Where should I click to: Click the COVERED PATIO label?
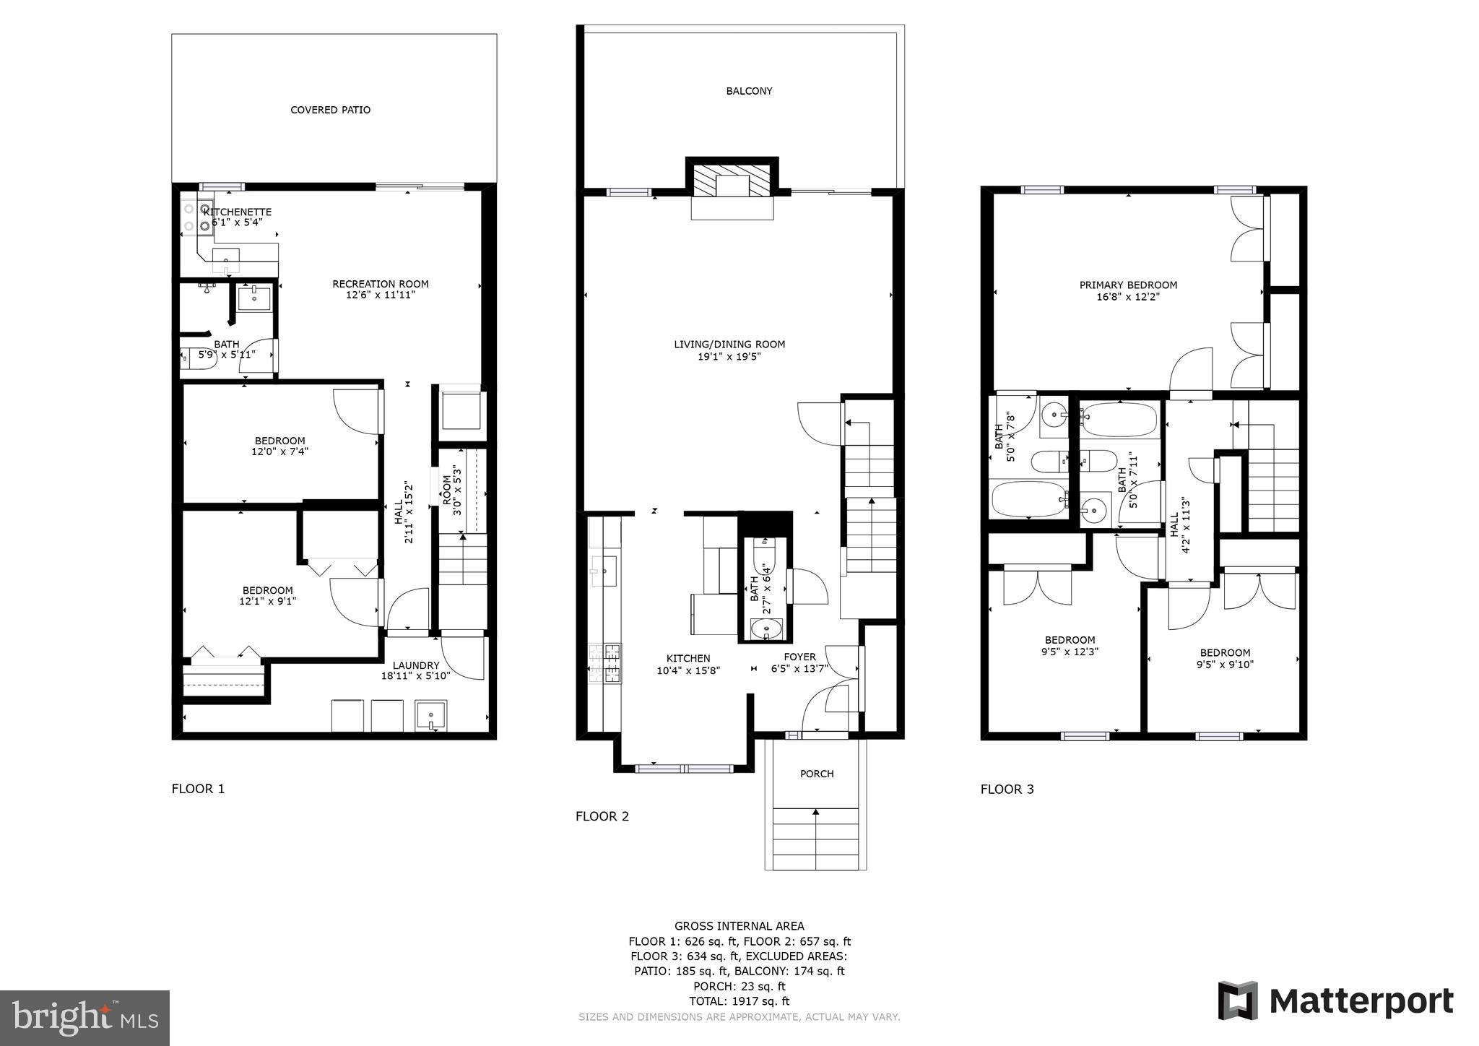pyautogui.click(x=330, y=110)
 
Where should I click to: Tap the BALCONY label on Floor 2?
pyautogui.click(x=749, y=91)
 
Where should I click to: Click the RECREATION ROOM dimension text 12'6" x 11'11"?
pyautogui.click(x=380, y=295)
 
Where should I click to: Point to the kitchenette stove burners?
pyautogui.click(x=196, y=217)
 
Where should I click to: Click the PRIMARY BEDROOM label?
pyautogui.click(x=1128, y=285)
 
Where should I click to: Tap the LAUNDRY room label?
pyautogui.click(x=416, y=665)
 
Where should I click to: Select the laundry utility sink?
pyautogui.click(x=431, y=716)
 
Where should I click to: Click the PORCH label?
pyautogui.click(x=817, y=774)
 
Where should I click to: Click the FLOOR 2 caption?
pyautogui.click(x=602, y=816)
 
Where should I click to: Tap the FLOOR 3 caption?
pyautogui.click(x=1007, y=789)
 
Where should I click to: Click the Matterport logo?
pyautogui.click(x=1336, y=1001)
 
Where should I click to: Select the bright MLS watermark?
pyautogui.click(x=84, y=1018)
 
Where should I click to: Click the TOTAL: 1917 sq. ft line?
pyautogui.click(x=739, y=1001)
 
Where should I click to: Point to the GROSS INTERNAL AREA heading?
pyautogui.click(x=739, y=926)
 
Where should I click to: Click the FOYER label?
pyautogui.click(x=799, y=657)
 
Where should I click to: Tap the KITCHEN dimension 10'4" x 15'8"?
pyautogui.click(x=688, y=670)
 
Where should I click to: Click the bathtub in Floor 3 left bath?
pyautogui.click(x=1029, y=498)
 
